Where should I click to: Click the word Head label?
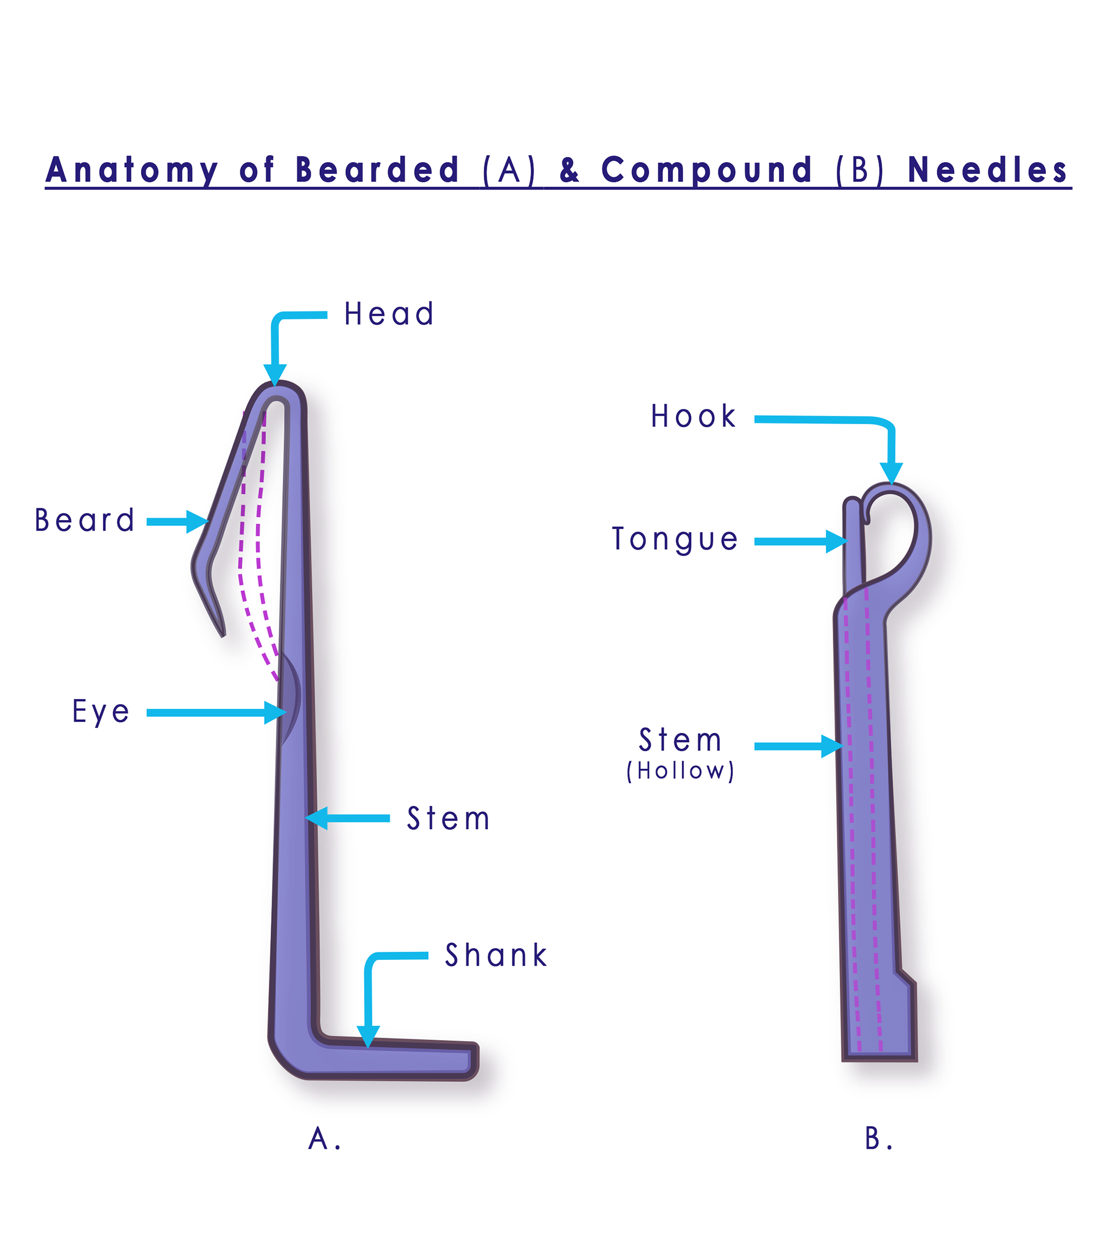(389, 314)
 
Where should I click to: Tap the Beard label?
(85, 521)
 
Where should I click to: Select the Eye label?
(101, 712)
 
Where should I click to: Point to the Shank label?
(496, 955)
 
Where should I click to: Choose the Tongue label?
(675, 539)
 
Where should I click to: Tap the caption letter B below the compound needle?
(873, 1139)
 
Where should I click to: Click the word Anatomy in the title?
(132, 170)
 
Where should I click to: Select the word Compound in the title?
(706, 170)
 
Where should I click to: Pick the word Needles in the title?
(987, 170)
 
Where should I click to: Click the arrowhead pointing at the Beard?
(197, 522)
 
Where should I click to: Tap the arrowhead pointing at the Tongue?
(836, 542)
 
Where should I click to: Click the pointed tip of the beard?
(223, 634)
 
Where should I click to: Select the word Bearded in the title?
(377, 170)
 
